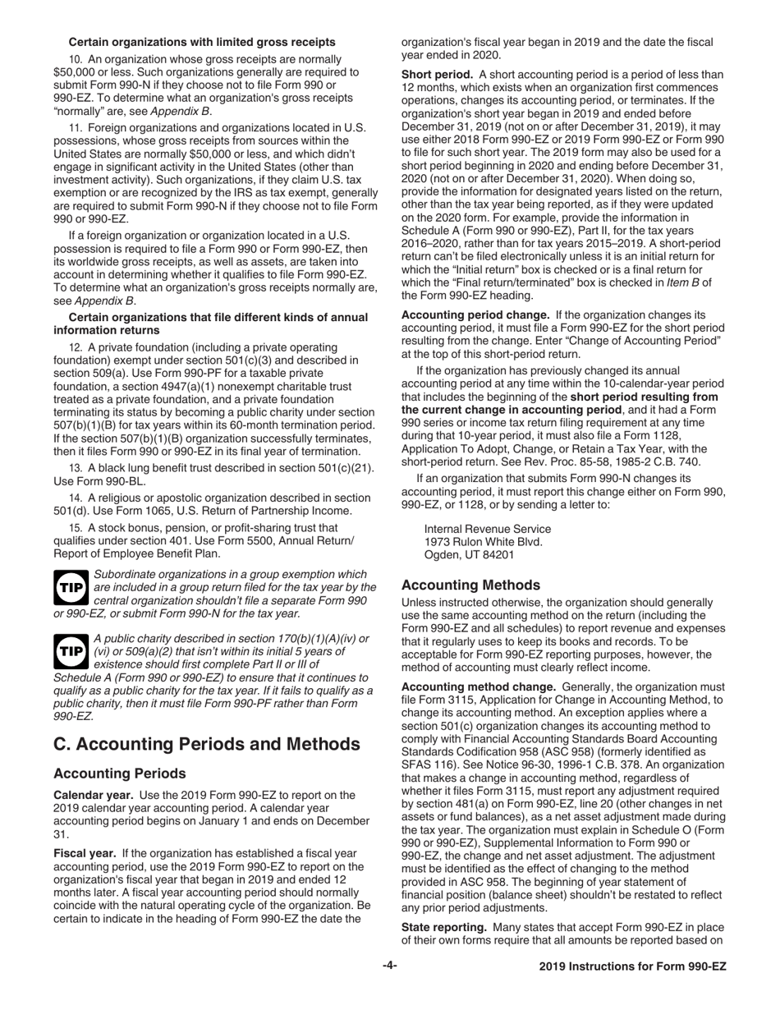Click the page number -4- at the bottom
coord(390,966)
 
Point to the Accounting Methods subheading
coord(470,585)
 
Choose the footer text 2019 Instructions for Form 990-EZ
coord(632,967)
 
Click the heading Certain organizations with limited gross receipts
coord(201,42)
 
